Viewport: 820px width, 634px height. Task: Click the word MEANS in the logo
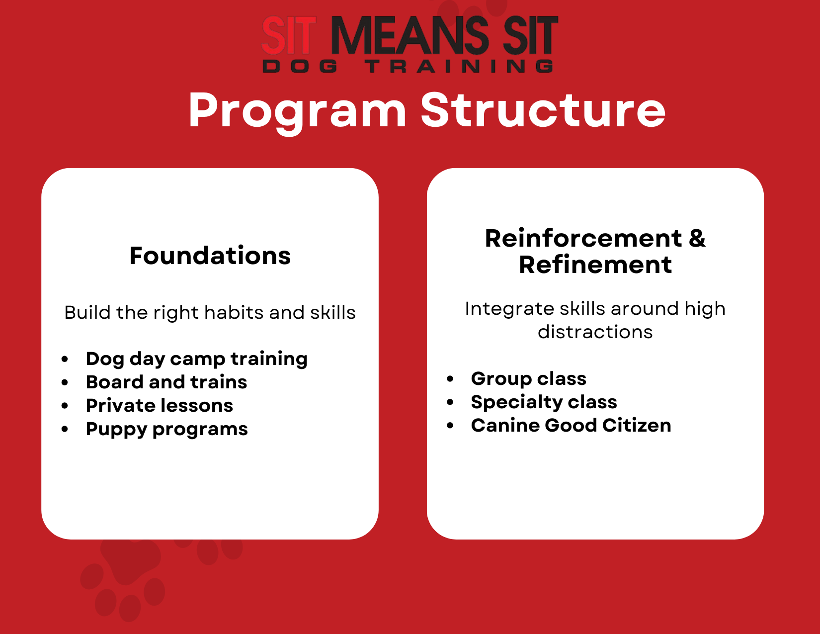(x=410, y=35)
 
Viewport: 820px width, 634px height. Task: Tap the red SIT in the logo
(x=289, y=35)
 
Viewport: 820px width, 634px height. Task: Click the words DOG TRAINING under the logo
(x=408, y=66)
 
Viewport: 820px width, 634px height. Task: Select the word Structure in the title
(x=543, y=110)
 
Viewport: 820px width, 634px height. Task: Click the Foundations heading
(x=210, y=256)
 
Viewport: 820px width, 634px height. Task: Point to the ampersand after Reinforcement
(x=697, y=238)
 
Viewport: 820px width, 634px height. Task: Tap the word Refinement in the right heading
(x=595, y=265)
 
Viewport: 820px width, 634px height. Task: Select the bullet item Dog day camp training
(x=197, y=359)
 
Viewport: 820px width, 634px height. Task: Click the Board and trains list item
(x=166, y=382)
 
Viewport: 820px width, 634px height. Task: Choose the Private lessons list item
(x=159, y=405)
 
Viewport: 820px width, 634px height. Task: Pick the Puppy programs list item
(x=167, y=429)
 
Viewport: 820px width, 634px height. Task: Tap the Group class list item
(x=529, y=378)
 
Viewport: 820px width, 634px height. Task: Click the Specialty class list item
(x=544, y=402)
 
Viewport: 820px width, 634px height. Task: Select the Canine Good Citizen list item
(x=571, y=425)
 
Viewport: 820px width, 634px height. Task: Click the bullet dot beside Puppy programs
(x=65, y=429)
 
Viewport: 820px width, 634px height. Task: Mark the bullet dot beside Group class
(x=450, y=378)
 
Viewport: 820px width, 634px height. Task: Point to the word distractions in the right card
(x=595, y=332)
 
